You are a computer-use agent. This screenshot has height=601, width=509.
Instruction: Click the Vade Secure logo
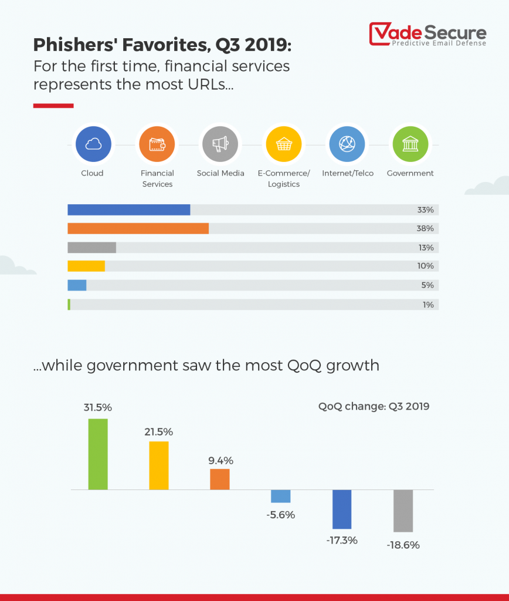pos(427,34)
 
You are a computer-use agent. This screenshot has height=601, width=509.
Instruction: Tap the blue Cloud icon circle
pos(93,144)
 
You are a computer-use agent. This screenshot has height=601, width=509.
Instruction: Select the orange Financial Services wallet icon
pos(157,144)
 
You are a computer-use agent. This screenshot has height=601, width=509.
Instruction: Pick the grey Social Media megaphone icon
pos(220,144)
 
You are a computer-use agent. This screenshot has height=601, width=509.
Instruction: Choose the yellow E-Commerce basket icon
pos(284,144)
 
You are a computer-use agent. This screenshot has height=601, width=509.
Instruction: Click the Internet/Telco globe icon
pos(347,144)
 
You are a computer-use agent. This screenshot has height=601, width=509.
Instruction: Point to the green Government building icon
pos(410,144)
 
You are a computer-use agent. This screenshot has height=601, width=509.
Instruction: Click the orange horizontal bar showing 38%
pos(138,228)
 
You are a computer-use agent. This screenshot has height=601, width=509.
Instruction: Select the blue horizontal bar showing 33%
pos(129,210)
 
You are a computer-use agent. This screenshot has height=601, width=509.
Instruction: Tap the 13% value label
pos(426,247)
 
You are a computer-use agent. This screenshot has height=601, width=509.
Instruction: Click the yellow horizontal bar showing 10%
pos(86,266)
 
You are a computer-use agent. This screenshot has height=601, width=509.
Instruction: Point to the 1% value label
pos(428,305)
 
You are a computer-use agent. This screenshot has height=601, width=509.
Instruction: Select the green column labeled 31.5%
pos(98,454)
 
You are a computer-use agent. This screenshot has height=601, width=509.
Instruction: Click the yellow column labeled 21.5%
pos(159,465)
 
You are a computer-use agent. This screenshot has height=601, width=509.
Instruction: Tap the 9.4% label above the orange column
pos(220,460)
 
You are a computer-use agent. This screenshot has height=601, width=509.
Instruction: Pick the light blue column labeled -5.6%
pos(280,497)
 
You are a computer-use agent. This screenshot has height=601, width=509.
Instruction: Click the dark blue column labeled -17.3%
pos(342,509)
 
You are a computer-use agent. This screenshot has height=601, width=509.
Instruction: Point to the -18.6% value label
pos(403,545)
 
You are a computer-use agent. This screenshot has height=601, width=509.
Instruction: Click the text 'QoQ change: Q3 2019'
pos(374,406)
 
